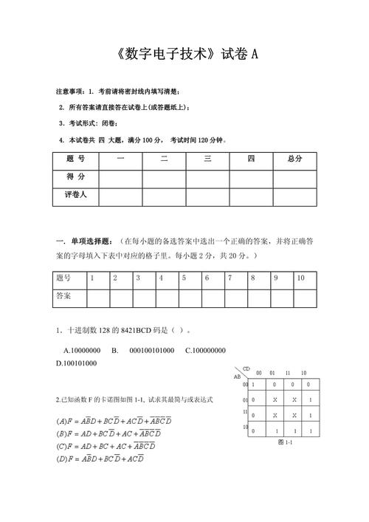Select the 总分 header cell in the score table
pyautogui.click(x=294, y=159)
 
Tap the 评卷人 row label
pyautogui.click(x=76, y=195)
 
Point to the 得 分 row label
pyautogui.click(x=76, y=177)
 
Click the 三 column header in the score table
pyautogui.click(x=207, y=159)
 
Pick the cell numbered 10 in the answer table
pyautogui.click(x=301, y=278)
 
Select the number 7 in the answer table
pyautogui.click(x=230, y=278)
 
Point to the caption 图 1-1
pyautogui.click(x=285, y=442)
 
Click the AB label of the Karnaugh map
pyautogui.click(x=238, y=377)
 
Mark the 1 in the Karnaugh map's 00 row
pyautogui.click(x=253, y=385)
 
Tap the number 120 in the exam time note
pyautogui.click(x=204, y=140)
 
